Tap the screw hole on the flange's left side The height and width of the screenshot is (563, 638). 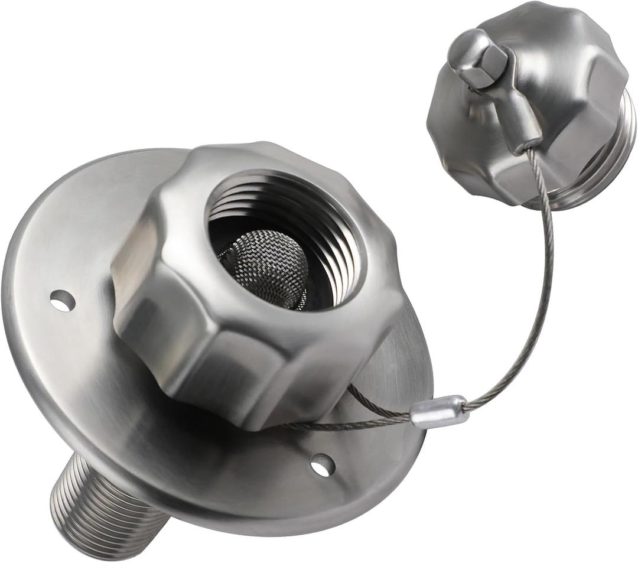(62, 301)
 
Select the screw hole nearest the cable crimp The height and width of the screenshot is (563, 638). (322, 465)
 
